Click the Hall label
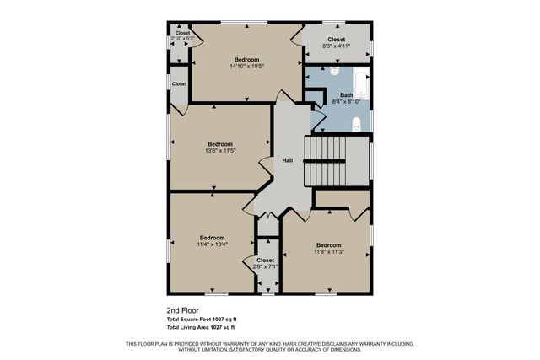click(x=287, y=161)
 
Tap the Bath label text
click(x=346, y=94)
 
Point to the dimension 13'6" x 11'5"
click(x=219, y=151)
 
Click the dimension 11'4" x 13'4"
click(x=213, y=244)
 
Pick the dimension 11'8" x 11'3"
click(x=328, y=251)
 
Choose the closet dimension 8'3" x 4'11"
click(x=336, y=46)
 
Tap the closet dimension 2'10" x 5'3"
click(x=182, y=39)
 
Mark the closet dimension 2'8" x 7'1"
click(x=265, y=266)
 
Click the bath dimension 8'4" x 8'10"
click(x=346, y=101)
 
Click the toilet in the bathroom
click(x=357, y=125)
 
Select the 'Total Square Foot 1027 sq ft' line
click(x=201, y=319)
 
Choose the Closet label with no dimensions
click(x=179, y=84)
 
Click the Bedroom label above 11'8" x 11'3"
click(x=328, y=244)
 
